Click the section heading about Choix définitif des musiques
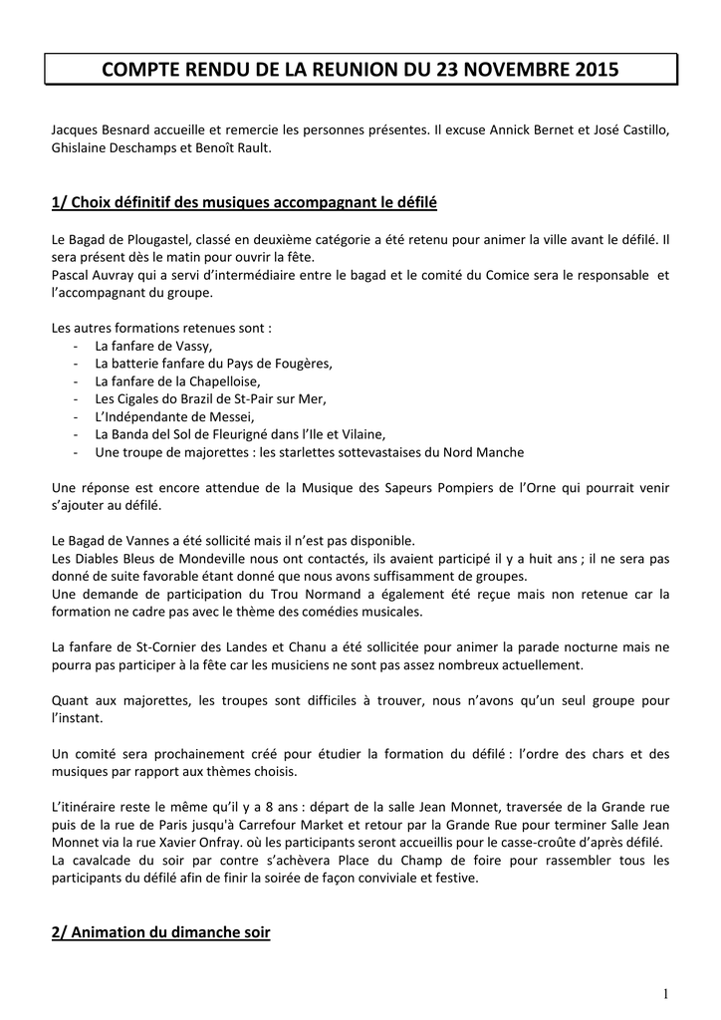244,203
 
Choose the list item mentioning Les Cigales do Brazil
210,398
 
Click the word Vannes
142,541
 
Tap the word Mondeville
189,559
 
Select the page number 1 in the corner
664,993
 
